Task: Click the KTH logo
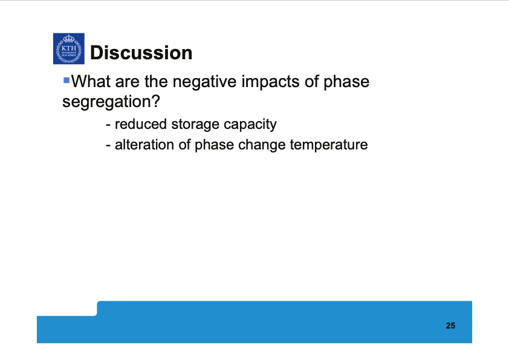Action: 68,49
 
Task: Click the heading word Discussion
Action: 141,53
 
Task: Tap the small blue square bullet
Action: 66,80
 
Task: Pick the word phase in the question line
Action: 346,82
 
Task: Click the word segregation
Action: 106,102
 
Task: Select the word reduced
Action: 140,125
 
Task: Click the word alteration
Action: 143,145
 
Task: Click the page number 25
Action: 450,326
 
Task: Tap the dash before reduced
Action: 108,125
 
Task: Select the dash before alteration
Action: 108,146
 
